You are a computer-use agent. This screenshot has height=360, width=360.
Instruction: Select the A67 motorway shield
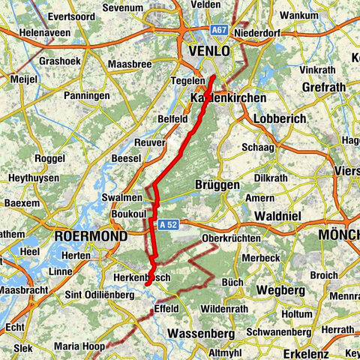(218, 30)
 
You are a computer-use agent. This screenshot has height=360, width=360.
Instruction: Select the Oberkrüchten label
(232, 238)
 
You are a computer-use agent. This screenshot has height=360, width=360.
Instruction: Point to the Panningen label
(88, 96)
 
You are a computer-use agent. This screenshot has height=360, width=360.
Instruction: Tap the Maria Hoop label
(80, 346)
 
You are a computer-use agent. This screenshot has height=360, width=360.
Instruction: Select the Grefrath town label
(322, 87)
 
